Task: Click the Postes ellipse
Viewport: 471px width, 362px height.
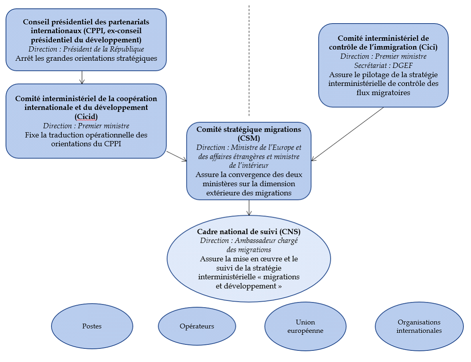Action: point(92,326)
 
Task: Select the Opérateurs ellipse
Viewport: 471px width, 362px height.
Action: point(197,326)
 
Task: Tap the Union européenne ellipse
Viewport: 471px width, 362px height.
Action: point(305,326)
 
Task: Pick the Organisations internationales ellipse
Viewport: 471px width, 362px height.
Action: point(419,326)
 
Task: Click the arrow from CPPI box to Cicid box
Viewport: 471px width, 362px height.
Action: point(82,77)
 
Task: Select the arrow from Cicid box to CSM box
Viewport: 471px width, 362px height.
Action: point(176,156)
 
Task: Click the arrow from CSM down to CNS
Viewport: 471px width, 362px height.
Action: point(249,207)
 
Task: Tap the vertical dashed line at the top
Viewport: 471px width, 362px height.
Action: point(249,60)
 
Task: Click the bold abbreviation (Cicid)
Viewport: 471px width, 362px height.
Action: point(86,116)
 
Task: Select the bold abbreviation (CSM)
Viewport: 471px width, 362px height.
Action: point(249,138)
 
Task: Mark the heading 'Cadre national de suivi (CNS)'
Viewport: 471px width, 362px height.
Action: point(249,232)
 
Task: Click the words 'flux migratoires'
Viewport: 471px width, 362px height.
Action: point(383,93)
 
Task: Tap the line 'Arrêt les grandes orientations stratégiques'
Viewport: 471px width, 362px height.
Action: point(86,58)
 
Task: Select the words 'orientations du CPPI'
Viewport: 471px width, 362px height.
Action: point(86,144)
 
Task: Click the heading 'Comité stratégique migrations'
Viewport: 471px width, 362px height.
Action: point(249,130)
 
